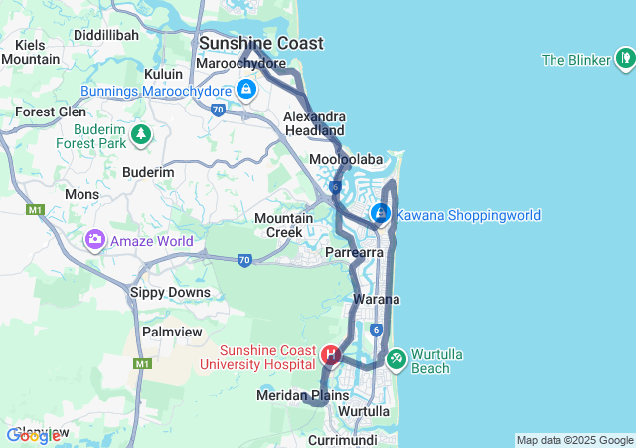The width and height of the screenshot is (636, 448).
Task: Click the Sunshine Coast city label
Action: [261, 43]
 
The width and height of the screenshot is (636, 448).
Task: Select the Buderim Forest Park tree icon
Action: [141, 132]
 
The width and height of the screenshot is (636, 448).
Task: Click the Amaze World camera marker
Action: [94, 239]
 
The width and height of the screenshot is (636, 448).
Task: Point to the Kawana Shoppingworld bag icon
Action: [380, 213]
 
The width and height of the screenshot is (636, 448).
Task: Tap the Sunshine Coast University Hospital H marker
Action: [331, 354]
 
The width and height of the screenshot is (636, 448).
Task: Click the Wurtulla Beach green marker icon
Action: [396, 355]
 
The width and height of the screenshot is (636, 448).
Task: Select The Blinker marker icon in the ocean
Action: [625, 60]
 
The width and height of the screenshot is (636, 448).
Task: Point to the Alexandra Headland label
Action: [314, 123]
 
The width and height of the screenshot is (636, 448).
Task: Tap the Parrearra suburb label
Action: [354, 253]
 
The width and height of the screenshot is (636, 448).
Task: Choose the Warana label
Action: [376, 299]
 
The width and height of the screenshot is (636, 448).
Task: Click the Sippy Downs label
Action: [170, 292]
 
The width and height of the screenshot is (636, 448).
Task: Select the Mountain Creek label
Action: [278, 225]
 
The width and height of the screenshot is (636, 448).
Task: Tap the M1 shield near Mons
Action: [37, 210]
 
